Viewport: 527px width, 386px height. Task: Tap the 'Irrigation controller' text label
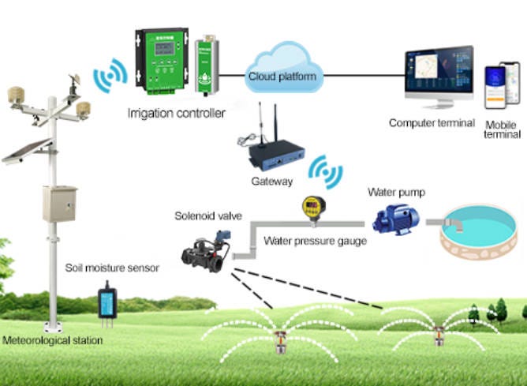click(x=177, y=113)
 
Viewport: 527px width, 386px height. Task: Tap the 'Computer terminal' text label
click(x=432, y=123)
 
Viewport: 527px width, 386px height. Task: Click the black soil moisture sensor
click(x=107, y=303)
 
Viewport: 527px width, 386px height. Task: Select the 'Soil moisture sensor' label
click(x=112, y=268)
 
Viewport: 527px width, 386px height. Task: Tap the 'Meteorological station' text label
click(x=53, y=341)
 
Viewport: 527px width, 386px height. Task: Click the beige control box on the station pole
click(x=59, y=203)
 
